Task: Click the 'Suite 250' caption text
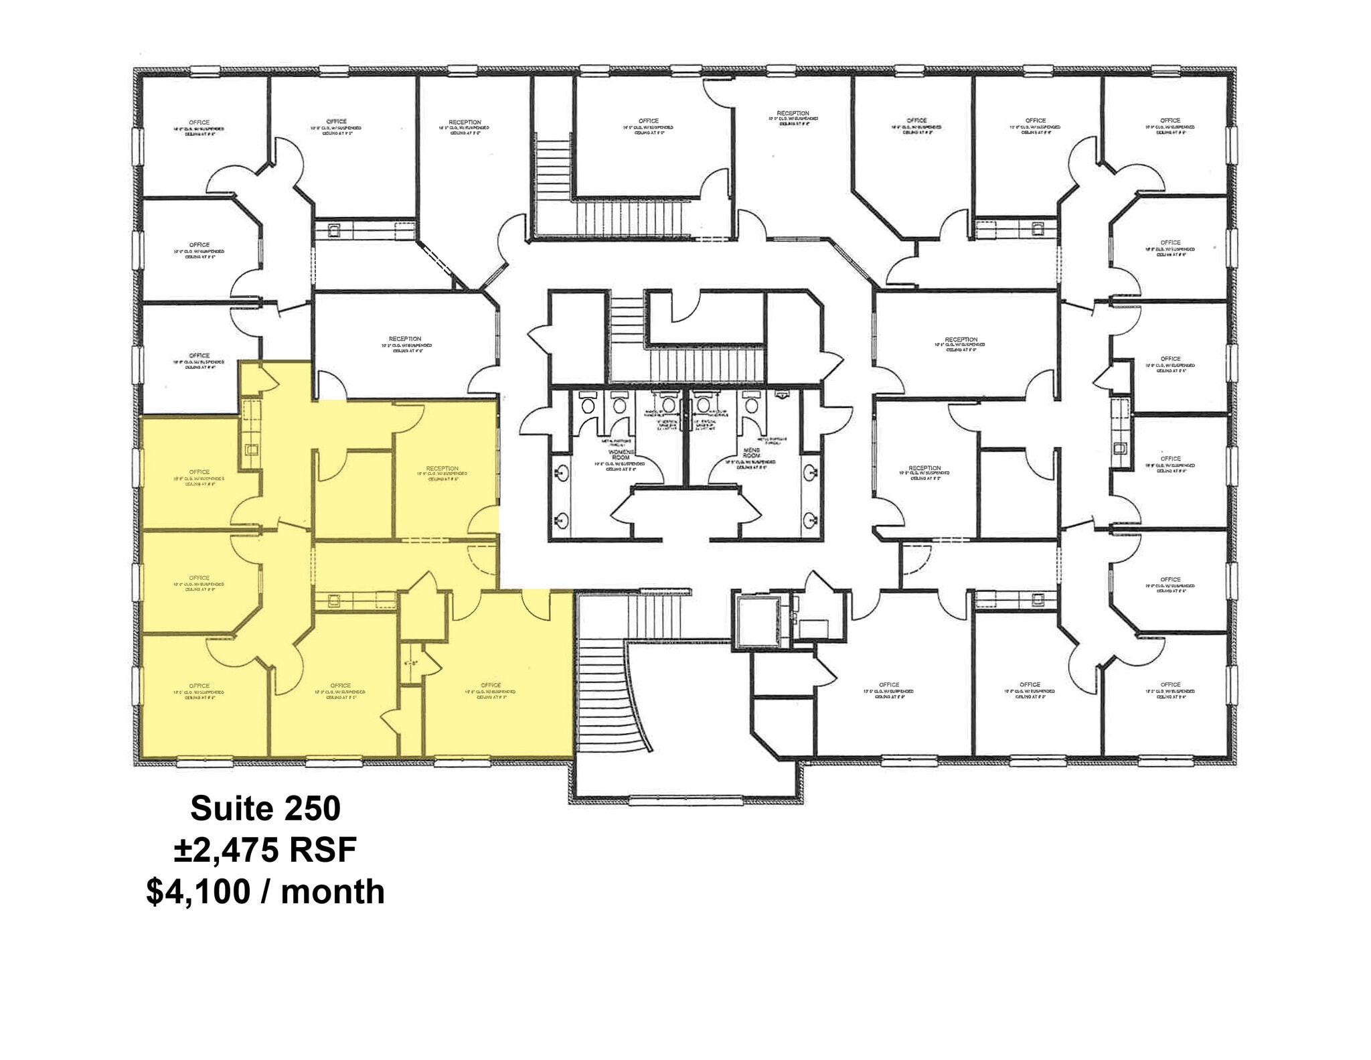tap(265, 808)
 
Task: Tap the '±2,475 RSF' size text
tap(265, 850)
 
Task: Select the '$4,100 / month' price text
tap(265, 892)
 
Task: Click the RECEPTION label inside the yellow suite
tap(442, 469)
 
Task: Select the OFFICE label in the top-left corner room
tap(199, 123)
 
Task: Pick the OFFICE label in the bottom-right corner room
tap(1170, 684)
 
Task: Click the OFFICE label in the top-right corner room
tap(1170, 121)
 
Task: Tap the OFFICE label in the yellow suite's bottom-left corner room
tap(199, 686)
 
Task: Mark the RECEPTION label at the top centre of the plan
tap(793, 113)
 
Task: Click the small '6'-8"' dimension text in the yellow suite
tap(410, 664)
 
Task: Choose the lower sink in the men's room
tap(811, 518)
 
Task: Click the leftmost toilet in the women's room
tap(588, 404)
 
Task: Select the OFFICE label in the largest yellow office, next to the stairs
tap(491, 685)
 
